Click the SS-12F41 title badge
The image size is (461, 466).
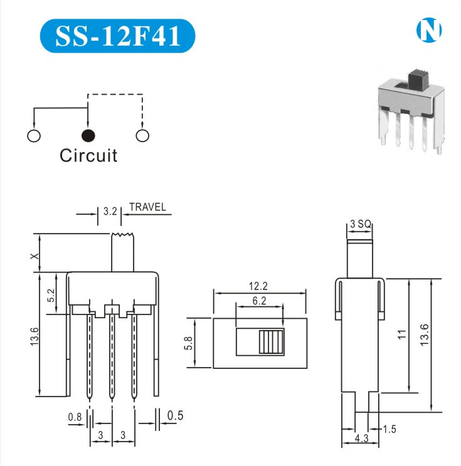tap(117, 36)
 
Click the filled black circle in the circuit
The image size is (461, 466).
tap(88, 135)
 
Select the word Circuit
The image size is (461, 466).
tap(88, 155)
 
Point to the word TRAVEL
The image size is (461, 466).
tap(147, 207)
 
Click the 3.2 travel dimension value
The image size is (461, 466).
tap(110, 212)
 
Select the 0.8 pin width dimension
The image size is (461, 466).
tap(75, 416)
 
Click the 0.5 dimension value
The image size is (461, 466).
tap(176, 415)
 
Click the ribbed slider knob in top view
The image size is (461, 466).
tap(270, 343)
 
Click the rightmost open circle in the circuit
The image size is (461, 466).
tap(142, 135)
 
